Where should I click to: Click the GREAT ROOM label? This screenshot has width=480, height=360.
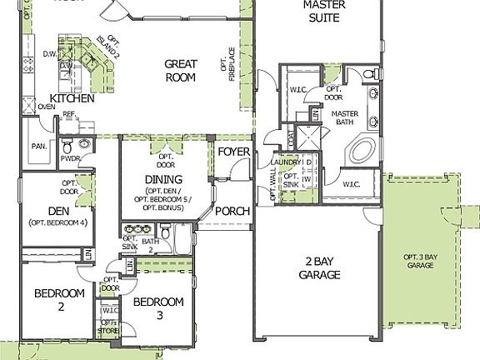[x=179, y=70]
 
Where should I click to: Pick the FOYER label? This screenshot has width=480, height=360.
[x=233, y=152]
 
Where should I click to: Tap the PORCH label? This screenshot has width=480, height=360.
[x=232, y=211]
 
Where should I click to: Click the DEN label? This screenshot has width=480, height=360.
[x=58, y=211]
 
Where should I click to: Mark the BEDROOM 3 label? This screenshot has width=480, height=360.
[x=158, y=308]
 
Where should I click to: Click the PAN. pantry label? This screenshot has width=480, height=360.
[x=38, y=146]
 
